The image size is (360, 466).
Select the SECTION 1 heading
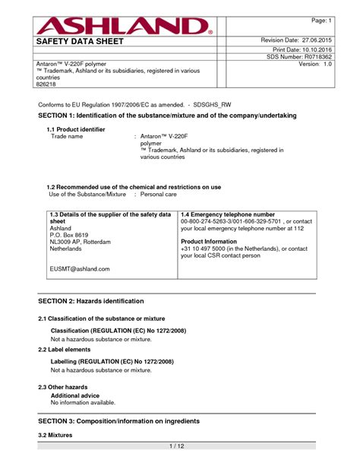point(167,115)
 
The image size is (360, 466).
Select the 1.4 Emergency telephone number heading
point(228,215)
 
